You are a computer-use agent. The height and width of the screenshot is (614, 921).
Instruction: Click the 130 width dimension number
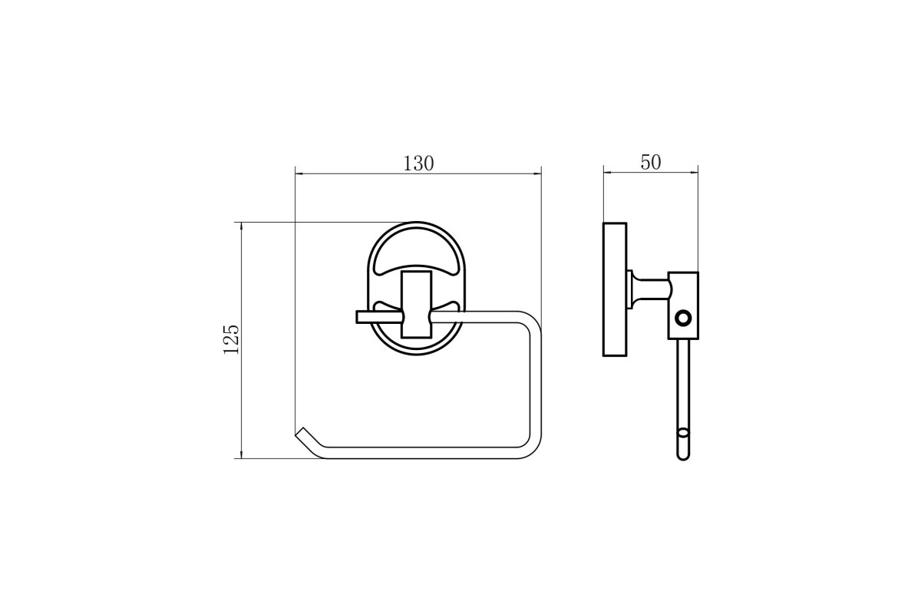pos(418,163)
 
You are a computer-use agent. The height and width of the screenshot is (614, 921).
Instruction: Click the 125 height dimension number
pos(231,340)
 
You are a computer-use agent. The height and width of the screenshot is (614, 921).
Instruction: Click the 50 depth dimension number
pos(651,163)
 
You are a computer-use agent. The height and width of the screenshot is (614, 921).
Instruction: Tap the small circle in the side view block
pos(684,319)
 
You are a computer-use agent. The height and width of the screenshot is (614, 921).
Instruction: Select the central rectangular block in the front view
pos(417,305)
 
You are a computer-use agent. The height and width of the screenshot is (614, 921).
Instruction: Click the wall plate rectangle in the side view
pos(615,289)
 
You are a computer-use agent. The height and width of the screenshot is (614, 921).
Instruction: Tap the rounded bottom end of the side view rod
pos(683,456)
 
